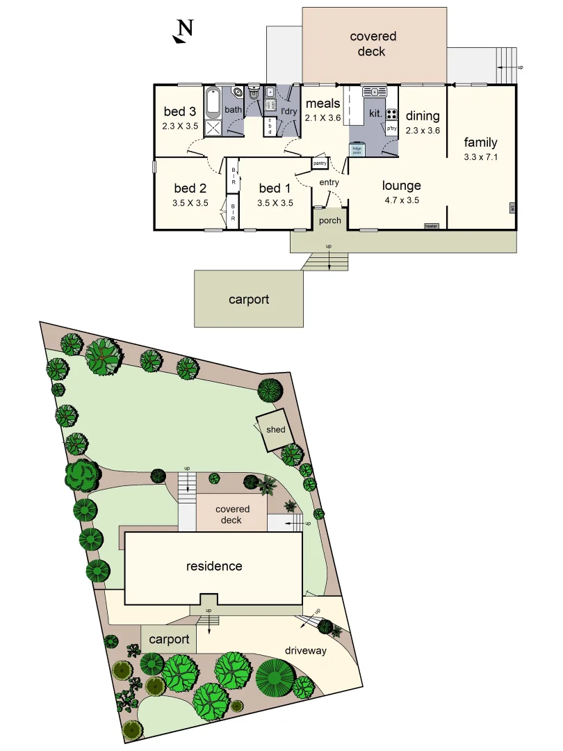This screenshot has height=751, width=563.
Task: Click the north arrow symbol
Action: tap(183, 31)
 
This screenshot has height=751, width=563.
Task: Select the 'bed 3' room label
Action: tap(180, 111)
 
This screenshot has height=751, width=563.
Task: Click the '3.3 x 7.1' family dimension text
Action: tap(481, 157)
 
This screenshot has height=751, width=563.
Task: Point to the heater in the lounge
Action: tap(431, 226)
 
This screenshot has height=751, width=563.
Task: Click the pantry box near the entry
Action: tap(320, 163)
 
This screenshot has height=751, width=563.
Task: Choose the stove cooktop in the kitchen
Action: tap(392, 115)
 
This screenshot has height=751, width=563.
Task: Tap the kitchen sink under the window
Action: tap(375, 91)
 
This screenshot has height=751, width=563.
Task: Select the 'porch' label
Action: tap(330, 220)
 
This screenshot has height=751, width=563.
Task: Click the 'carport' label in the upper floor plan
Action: tap(249, 300)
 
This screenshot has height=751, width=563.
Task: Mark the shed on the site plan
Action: tap(275, 430)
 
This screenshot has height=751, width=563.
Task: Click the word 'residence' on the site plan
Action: tap(214, 566)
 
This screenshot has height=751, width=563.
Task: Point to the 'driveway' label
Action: tap(305, 651)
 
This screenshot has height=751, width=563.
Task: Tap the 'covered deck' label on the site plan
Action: tap(232, 515)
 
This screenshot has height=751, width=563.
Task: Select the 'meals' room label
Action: tap(323, 104)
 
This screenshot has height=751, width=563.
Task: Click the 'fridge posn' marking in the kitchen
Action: tap(357, 149)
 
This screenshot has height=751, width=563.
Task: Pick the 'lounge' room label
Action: tap(402, 186)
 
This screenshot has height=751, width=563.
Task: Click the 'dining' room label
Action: tap(423, 116)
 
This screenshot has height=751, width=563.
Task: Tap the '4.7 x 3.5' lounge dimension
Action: tap(402, 200)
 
